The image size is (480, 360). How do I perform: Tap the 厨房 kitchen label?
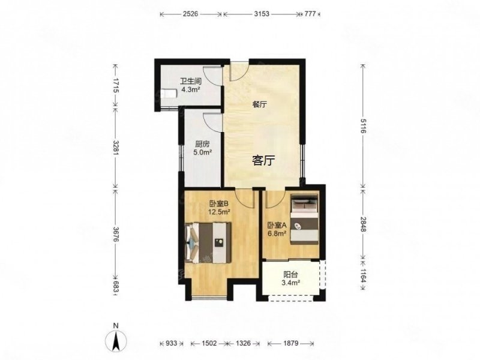pyautogui.click(x=202, y=144)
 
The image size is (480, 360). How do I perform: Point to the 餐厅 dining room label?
pyautogui.click(x=259, y=104)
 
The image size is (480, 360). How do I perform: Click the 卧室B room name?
pyautogui.click(x=219, y=203)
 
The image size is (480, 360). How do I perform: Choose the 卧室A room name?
pyautogui.click(x=277, y=226)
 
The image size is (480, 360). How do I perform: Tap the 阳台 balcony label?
pyautogui.click(x=290, y=274)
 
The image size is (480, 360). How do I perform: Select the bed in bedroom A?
pyautogui.click(x=305, y=219)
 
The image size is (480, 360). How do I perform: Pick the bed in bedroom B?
pyautogui.click(x=208, y=242)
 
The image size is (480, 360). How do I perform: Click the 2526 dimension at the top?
pyautogui.click(x=191, y=14)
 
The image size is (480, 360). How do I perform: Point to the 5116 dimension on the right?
pyautogui.click(x=363, y=126)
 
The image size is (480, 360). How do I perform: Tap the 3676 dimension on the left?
pyautogui.click(x=115, y=235)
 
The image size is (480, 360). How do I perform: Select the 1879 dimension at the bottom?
pyautogui.click(x=290, y=343)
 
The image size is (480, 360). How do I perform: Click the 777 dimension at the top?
pyautogui.click(x=310, y=14)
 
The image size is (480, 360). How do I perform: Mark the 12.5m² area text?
pyautogui.click(x=219, y=211)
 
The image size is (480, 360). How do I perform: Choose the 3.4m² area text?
pyautogui.click(x=290, y=283)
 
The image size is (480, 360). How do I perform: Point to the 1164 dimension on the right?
pyautogui.click(x=363, y=275)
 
